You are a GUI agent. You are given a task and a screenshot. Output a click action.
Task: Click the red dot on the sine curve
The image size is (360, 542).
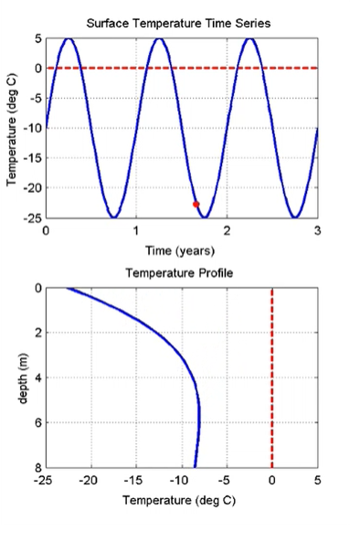[196, 204]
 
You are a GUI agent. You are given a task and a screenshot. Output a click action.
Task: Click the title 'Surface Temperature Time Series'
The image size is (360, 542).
[180, 22]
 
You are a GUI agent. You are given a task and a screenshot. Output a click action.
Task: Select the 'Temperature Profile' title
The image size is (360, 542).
[180, 272]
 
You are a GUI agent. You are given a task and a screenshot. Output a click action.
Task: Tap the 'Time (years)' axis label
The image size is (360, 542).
[181, 250]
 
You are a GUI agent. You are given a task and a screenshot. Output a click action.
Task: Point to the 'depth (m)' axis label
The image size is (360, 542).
[20, 377]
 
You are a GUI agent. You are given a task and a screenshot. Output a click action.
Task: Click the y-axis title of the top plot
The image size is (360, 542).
[12, 128]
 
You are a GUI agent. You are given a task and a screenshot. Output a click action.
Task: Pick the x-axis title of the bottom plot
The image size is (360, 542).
[181, 500]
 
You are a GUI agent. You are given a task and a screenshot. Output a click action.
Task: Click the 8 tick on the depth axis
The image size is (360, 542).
[37, 468]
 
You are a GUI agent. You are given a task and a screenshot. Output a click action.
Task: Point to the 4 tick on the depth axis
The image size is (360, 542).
[37, 377]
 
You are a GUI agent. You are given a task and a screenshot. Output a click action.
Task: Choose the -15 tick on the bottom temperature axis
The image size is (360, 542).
[135, 480]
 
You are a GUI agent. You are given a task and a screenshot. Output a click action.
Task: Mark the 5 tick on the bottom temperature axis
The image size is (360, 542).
[317, 480]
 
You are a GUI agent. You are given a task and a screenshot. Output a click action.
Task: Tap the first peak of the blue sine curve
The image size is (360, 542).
[69, 38]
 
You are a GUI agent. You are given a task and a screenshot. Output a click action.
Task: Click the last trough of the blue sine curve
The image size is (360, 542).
[295, 217]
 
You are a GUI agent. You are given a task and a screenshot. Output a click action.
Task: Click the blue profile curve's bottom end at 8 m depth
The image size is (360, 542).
[195, 466]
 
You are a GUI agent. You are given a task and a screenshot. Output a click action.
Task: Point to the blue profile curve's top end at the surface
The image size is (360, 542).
[68, 290]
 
